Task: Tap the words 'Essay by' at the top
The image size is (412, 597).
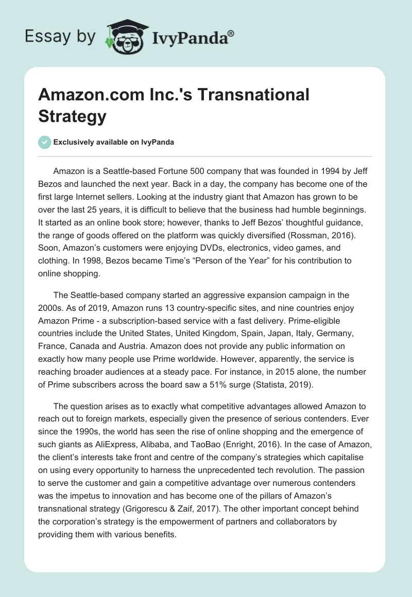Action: pos(60,37)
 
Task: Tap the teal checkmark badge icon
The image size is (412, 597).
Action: pos(45,142)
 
